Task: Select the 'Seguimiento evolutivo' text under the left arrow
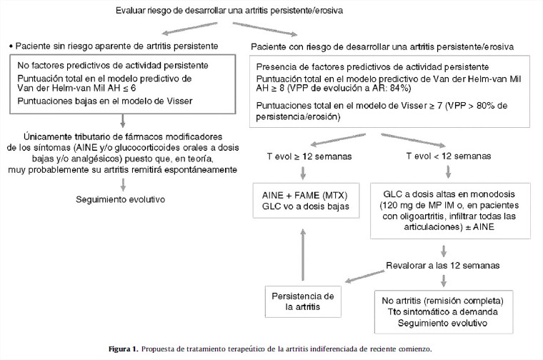[x=121, y=199]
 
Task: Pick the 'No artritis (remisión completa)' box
[x=445, y=310]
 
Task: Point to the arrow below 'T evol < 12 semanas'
[x=447, y=171]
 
